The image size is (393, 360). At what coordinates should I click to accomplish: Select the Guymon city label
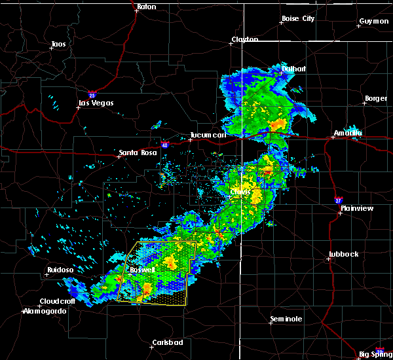[373, 21]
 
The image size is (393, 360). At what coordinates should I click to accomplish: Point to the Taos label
[58, 45]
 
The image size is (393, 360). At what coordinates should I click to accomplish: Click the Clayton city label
[244, 40]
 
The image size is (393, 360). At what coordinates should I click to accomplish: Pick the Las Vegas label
[96, 103]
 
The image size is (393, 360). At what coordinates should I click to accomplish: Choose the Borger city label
[375, 99]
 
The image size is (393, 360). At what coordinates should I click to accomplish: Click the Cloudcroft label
[58, 302]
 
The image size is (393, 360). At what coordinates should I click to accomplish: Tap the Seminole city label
[286, 319]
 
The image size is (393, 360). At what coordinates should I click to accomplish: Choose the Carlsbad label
[167, 342]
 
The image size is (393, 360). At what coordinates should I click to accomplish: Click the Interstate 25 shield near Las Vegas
[92, 94]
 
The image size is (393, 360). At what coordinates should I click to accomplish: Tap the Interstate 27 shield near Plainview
[338, 199]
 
